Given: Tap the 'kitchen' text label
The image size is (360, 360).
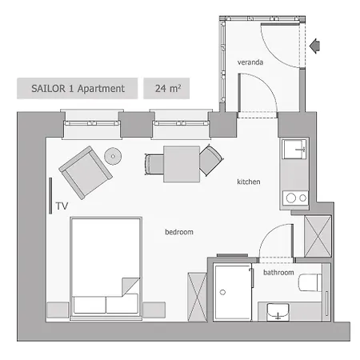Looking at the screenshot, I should coord(249,182).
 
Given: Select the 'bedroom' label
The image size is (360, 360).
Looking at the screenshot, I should coord(179,232).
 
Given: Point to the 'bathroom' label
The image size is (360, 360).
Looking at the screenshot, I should coord(278,273).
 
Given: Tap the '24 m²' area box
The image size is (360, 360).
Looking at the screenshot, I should coord(166,89).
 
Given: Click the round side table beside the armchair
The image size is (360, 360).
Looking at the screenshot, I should coord(113,156).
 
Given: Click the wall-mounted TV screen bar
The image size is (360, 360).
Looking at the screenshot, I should coord(51,196).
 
